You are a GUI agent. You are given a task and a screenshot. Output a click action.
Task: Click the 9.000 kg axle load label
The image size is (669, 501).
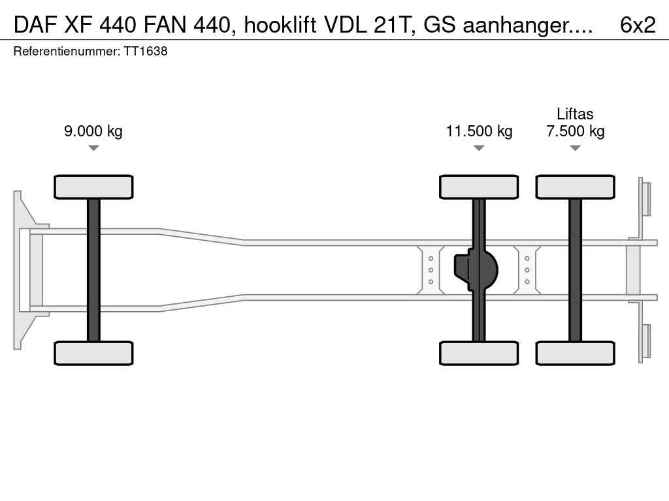point(93,131)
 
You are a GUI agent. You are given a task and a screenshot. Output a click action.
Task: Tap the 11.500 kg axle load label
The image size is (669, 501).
point(479,131)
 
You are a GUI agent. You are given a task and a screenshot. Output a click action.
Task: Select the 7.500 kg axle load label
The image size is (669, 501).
point(575,131)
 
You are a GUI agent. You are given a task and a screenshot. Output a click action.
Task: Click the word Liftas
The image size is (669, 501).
point(575,114)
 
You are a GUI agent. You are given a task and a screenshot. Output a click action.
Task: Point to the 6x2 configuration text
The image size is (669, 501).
point(638,25)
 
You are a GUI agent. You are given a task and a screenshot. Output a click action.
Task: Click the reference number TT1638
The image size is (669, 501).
point(146,52)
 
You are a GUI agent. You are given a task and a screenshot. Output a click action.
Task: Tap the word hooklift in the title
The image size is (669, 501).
point(280,25)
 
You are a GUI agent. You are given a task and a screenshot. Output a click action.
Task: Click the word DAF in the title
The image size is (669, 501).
point(36,25)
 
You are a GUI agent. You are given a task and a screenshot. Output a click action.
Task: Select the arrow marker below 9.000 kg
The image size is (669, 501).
point(93,148)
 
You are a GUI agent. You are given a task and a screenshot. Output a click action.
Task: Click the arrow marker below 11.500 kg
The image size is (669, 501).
point(479,148)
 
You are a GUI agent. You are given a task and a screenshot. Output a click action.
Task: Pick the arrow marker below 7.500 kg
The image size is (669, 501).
point(575,148)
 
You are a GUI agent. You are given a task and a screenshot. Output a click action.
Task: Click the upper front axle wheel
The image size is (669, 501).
point(93,187)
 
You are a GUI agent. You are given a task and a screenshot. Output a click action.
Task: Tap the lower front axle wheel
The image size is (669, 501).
point(93,353)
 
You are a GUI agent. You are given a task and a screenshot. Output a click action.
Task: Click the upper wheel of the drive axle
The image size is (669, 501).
point(479,187)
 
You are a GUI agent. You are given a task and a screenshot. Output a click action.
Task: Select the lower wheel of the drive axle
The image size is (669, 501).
point(479,353)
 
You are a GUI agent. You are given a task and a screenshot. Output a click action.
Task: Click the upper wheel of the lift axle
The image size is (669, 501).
point(575,187)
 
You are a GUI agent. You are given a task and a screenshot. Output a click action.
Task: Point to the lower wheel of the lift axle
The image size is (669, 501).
point(575,353)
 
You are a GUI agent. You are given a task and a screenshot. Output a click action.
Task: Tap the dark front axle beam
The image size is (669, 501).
point(93,270)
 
